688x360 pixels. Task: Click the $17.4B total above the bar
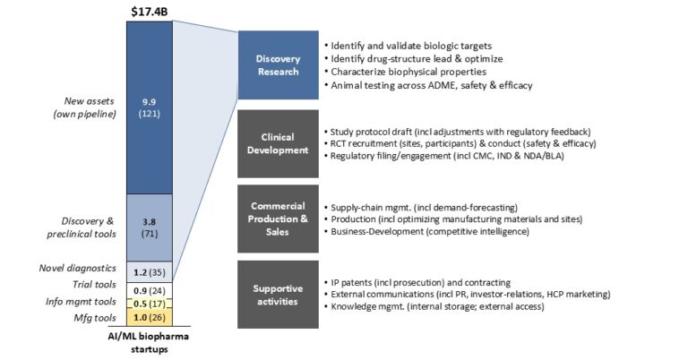coord(150,12)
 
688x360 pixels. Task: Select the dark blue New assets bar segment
coord(150,107)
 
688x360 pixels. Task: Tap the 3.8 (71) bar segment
coord(150,227)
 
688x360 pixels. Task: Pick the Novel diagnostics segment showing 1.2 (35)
coord(150,272)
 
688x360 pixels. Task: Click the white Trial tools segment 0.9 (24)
coord(150,290)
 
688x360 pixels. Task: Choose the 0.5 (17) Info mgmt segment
coord(150,304)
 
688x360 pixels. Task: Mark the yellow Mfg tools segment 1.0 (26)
coord(150,318)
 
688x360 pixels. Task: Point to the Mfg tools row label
coord(95,318)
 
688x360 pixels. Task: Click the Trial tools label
coord(94,285)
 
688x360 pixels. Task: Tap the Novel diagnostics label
coord(78,268)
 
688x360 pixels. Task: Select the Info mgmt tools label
coord(82,302)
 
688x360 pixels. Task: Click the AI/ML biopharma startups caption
coord(150,343)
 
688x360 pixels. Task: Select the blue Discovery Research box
coord(279,64)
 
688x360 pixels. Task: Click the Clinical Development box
coord(279,143)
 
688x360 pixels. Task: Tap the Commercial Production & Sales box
coord(279,219)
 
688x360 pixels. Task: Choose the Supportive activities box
coord(279,295)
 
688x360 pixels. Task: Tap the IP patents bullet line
coord(417,283)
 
